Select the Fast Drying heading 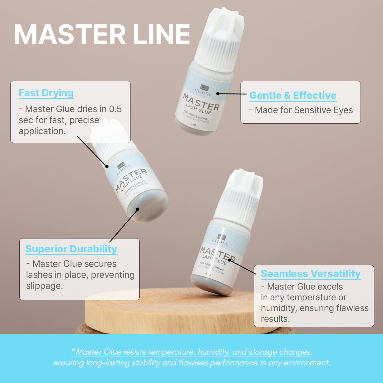pyautogui.click(x=46, y=93)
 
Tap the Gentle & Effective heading pyautogui.click(x=293, y=95)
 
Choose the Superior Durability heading pyautogui.click(x=71, y=249)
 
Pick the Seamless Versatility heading pyautogui.click(x=311, y=274)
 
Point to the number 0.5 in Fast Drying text pyautogui.click(x=115, y=109)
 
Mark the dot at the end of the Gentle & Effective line pyautogui.click(x=218, y=94)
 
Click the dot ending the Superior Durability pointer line pyautogui.click(x=138, y=209)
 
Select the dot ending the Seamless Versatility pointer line pyautogui.click(x=229, y=260)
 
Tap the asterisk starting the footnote pyautogui.click(x=73, y=350)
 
